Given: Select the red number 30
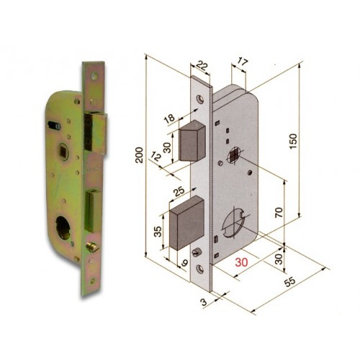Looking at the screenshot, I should tap(241, 264).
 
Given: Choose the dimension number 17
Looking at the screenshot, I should tap(242, 63).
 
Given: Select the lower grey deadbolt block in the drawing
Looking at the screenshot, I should tap(187, 226).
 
